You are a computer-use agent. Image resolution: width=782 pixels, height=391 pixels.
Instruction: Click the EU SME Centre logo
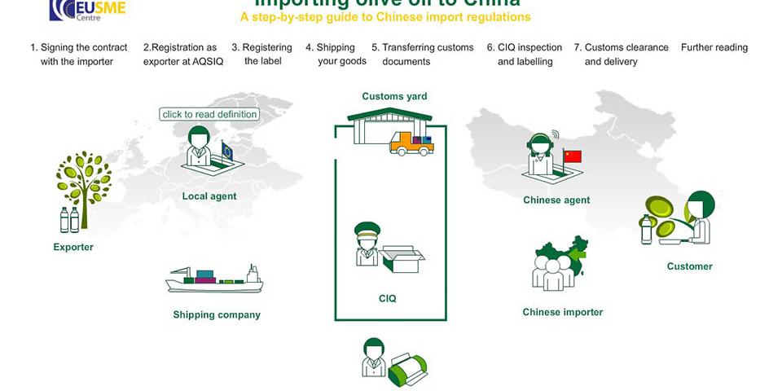[x=86, y=9]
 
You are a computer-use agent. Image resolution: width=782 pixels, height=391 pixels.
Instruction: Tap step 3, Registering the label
[x=262, y=55]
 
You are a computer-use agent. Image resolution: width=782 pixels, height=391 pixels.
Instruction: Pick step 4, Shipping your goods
[x=336, y=55]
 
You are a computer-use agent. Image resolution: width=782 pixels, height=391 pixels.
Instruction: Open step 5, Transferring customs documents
[x=422, y=55]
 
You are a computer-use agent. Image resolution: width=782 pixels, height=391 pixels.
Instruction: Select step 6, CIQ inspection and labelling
[x=525, y=55]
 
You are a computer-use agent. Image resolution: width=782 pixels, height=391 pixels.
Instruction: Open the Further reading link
[x=714, y=47]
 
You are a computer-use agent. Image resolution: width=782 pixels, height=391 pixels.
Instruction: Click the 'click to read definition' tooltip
[x=210, y=114]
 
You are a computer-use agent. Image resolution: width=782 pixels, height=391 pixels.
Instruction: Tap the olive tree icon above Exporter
[x=83, y=178]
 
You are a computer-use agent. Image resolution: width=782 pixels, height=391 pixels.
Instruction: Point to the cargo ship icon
[x=214, y=279]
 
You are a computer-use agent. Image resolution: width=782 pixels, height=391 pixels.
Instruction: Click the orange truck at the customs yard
[x=411, y=144]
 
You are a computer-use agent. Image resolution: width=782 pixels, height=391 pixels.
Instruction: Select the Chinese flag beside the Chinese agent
[x=573, y=156]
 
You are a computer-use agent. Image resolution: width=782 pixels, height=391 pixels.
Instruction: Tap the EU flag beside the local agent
[x=227, y=151]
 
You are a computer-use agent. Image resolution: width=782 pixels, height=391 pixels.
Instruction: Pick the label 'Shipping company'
[x=217, y=314]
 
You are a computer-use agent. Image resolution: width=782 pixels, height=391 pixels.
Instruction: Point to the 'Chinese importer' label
[x=563, y=312]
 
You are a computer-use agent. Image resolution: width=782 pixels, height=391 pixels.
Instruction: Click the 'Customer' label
[x=689, y=266]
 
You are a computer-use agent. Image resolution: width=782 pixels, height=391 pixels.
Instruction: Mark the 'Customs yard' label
[x=394, y=96]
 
